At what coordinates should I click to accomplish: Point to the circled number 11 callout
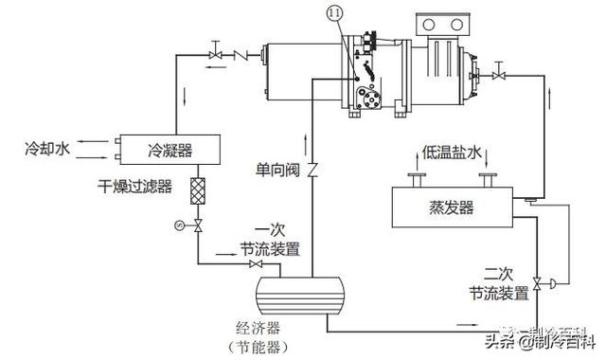(334, 15)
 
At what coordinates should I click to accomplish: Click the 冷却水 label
(47, 150)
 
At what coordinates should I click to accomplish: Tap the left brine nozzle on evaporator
(414, 179)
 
